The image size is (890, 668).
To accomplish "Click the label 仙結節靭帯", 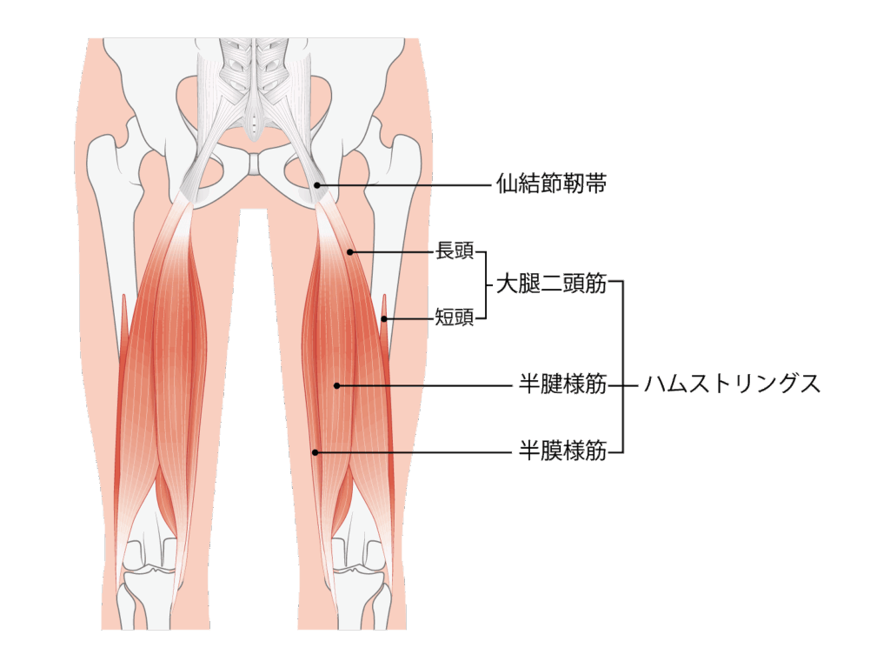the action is coord(551,184).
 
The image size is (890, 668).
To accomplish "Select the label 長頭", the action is coord(454,251).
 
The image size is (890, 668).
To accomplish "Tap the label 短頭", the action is coord(454,317).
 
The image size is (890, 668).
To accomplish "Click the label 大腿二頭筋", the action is coord(551,284).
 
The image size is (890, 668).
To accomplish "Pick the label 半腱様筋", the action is coord(563,384).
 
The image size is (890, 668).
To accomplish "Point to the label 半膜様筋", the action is coord(563,451).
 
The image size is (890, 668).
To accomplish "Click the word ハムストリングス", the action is coord(732,384).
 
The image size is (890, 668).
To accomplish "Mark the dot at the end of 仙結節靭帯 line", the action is coord(317,185).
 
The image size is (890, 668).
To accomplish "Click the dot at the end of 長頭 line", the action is coord(350,252).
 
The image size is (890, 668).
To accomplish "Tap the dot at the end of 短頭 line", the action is coord(384,318).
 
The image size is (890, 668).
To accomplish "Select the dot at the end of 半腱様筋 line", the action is coord(336,385).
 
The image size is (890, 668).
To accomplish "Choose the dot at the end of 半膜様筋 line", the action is coord(315,452).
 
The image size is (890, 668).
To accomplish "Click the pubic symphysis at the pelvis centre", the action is coord(255,164).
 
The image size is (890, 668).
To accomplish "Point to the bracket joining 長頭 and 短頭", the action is coord(486,285).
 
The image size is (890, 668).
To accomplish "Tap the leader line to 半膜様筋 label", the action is coord(414,452).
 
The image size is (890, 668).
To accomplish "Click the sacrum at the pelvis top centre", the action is coord(255,85).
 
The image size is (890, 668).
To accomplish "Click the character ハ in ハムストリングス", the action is coord(654,385).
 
